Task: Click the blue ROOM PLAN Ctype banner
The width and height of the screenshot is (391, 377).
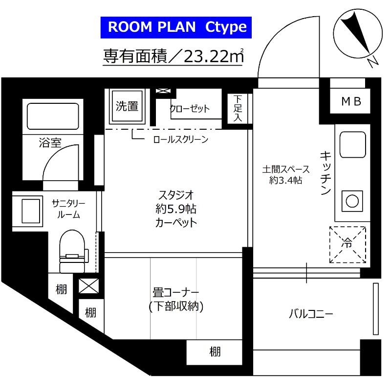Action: pyautogui.click(x=176, y=27)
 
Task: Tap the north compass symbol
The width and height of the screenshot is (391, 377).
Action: pyautogui.click(x=357, y=35)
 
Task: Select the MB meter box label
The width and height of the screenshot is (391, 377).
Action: pyautogui.click(x=351, y=102)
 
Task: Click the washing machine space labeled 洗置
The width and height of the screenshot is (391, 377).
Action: pyautogui.click(x=127, y=105)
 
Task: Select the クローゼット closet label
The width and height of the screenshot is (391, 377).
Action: pyautogui.click(x=190, y=108)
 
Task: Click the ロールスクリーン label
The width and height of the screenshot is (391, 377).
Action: pyautogui.click(x=180, y=140)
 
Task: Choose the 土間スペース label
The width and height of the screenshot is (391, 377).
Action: pyautogui.click(x=286, y=169)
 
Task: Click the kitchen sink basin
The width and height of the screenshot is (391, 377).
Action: pyautogui.click(x=350, y=143)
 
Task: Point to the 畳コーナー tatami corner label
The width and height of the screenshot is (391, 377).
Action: pyautogui.click(x=175, y=293)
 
